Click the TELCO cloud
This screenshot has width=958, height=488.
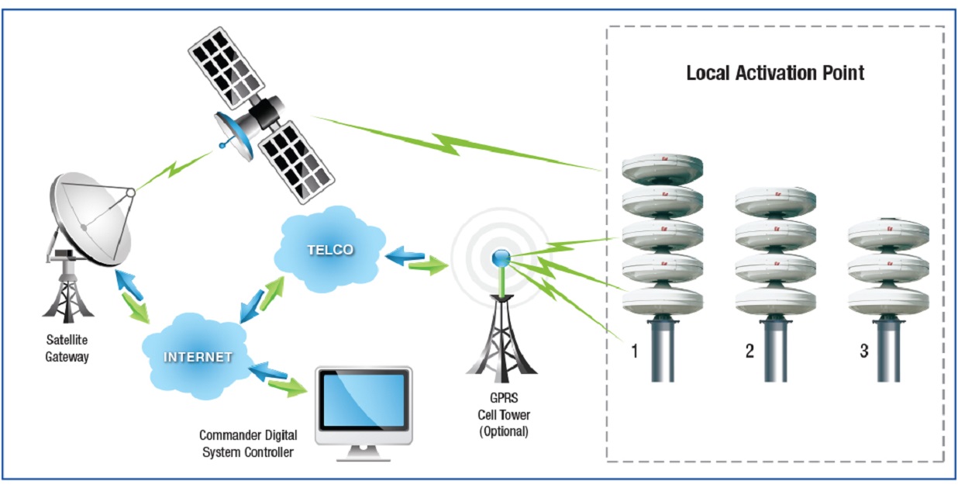pyautogui.click(x=330, y=250)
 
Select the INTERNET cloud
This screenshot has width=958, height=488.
pyautogui.click(x=197, y=356)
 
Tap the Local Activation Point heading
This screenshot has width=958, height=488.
pyautogui.click(x=775, y=73)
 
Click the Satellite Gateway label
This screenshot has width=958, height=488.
pyautogui.click(x=67, y=348)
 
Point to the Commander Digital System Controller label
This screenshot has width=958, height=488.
pyautogui.click(x=248, y=444)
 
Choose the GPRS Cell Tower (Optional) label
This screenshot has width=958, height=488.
pyautogui.click(x=504, y=414)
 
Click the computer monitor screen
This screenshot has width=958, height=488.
pyautogui.click(x=364, y=400)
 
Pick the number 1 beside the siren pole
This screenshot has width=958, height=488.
pyautogui.click(x=635, y=351)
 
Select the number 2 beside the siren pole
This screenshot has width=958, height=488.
pyautogui.click(x=750, y=351)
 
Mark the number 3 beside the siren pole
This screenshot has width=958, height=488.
pyautogui.click(x=864, y=351)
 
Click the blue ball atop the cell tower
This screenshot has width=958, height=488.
pyautogui.click(x=501, y=258)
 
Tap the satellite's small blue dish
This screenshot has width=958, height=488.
pyautogui.click(x=233, y=135)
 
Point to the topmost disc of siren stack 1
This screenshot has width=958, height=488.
pyautogui.click(x=662, y=168)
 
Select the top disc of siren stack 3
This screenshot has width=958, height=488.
pyautogui.click(x=888, y=234)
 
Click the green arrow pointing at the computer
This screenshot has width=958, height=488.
pyautogui.click(x=288, y=386)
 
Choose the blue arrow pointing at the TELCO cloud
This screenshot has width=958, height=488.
pyautogui.click(x=405, y=255)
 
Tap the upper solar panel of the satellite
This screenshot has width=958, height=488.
pyautogui.click(x=226, y=67)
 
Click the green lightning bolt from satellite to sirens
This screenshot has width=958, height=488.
pyautogui.click(x=457, y=143)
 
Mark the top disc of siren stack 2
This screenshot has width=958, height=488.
pyautogui.click(x=775, y=201)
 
